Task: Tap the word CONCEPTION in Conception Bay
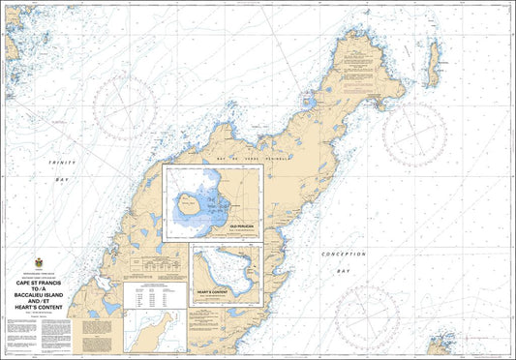344,254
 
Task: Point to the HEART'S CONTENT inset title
211,291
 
